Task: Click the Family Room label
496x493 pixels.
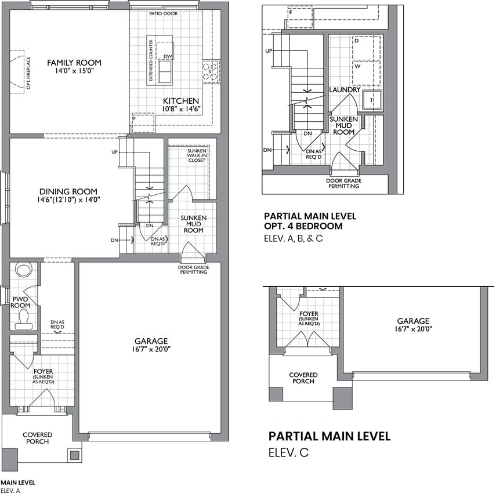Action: (x=74, y=63)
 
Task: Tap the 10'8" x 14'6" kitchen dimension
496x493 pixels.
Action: (x=182, y=109)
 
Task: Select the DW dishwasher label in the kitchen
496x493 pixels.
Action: (x=168, y=57)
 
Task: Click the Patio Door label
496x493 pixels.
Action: (x=163, y=13)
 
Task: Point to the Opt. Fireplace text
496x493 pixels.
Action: (x=28, y=72)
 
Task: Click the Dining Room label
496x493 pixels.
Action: (x=68, y=191)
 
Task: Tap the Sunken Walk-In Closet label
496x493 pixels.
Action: (x=197, y=155)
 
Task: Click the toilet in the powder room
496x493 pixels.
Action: (x=24, y=317)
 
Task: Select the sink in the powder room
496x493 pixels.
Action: (x=24, y=270)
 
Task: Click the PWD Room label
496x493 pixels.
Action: (x=20, y=302)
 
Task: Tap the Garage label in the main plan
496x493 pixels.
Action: (x=151, y=341)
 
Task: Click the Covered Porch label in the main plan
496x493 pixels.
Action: (x=37, y=438)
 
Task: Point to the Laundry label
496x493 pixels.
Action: (x=345, y=90)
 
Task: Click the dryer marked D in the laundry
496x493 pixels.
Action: (x=366, y=48)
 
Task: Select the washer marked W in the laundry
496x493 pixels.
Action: (x=366, y=73)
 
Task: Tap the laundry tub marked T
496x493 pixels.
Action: (x=372, y=100)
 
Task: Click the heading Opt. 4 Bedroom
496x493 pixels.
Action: (x=303, y=226)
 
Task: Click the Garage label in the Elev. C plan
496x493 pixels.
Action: (x=413, y=321)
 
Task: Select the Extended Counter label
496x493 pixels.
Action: (x=151, y=60)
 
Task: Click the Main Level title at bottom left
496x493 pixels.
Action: (x=18, y=483)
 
